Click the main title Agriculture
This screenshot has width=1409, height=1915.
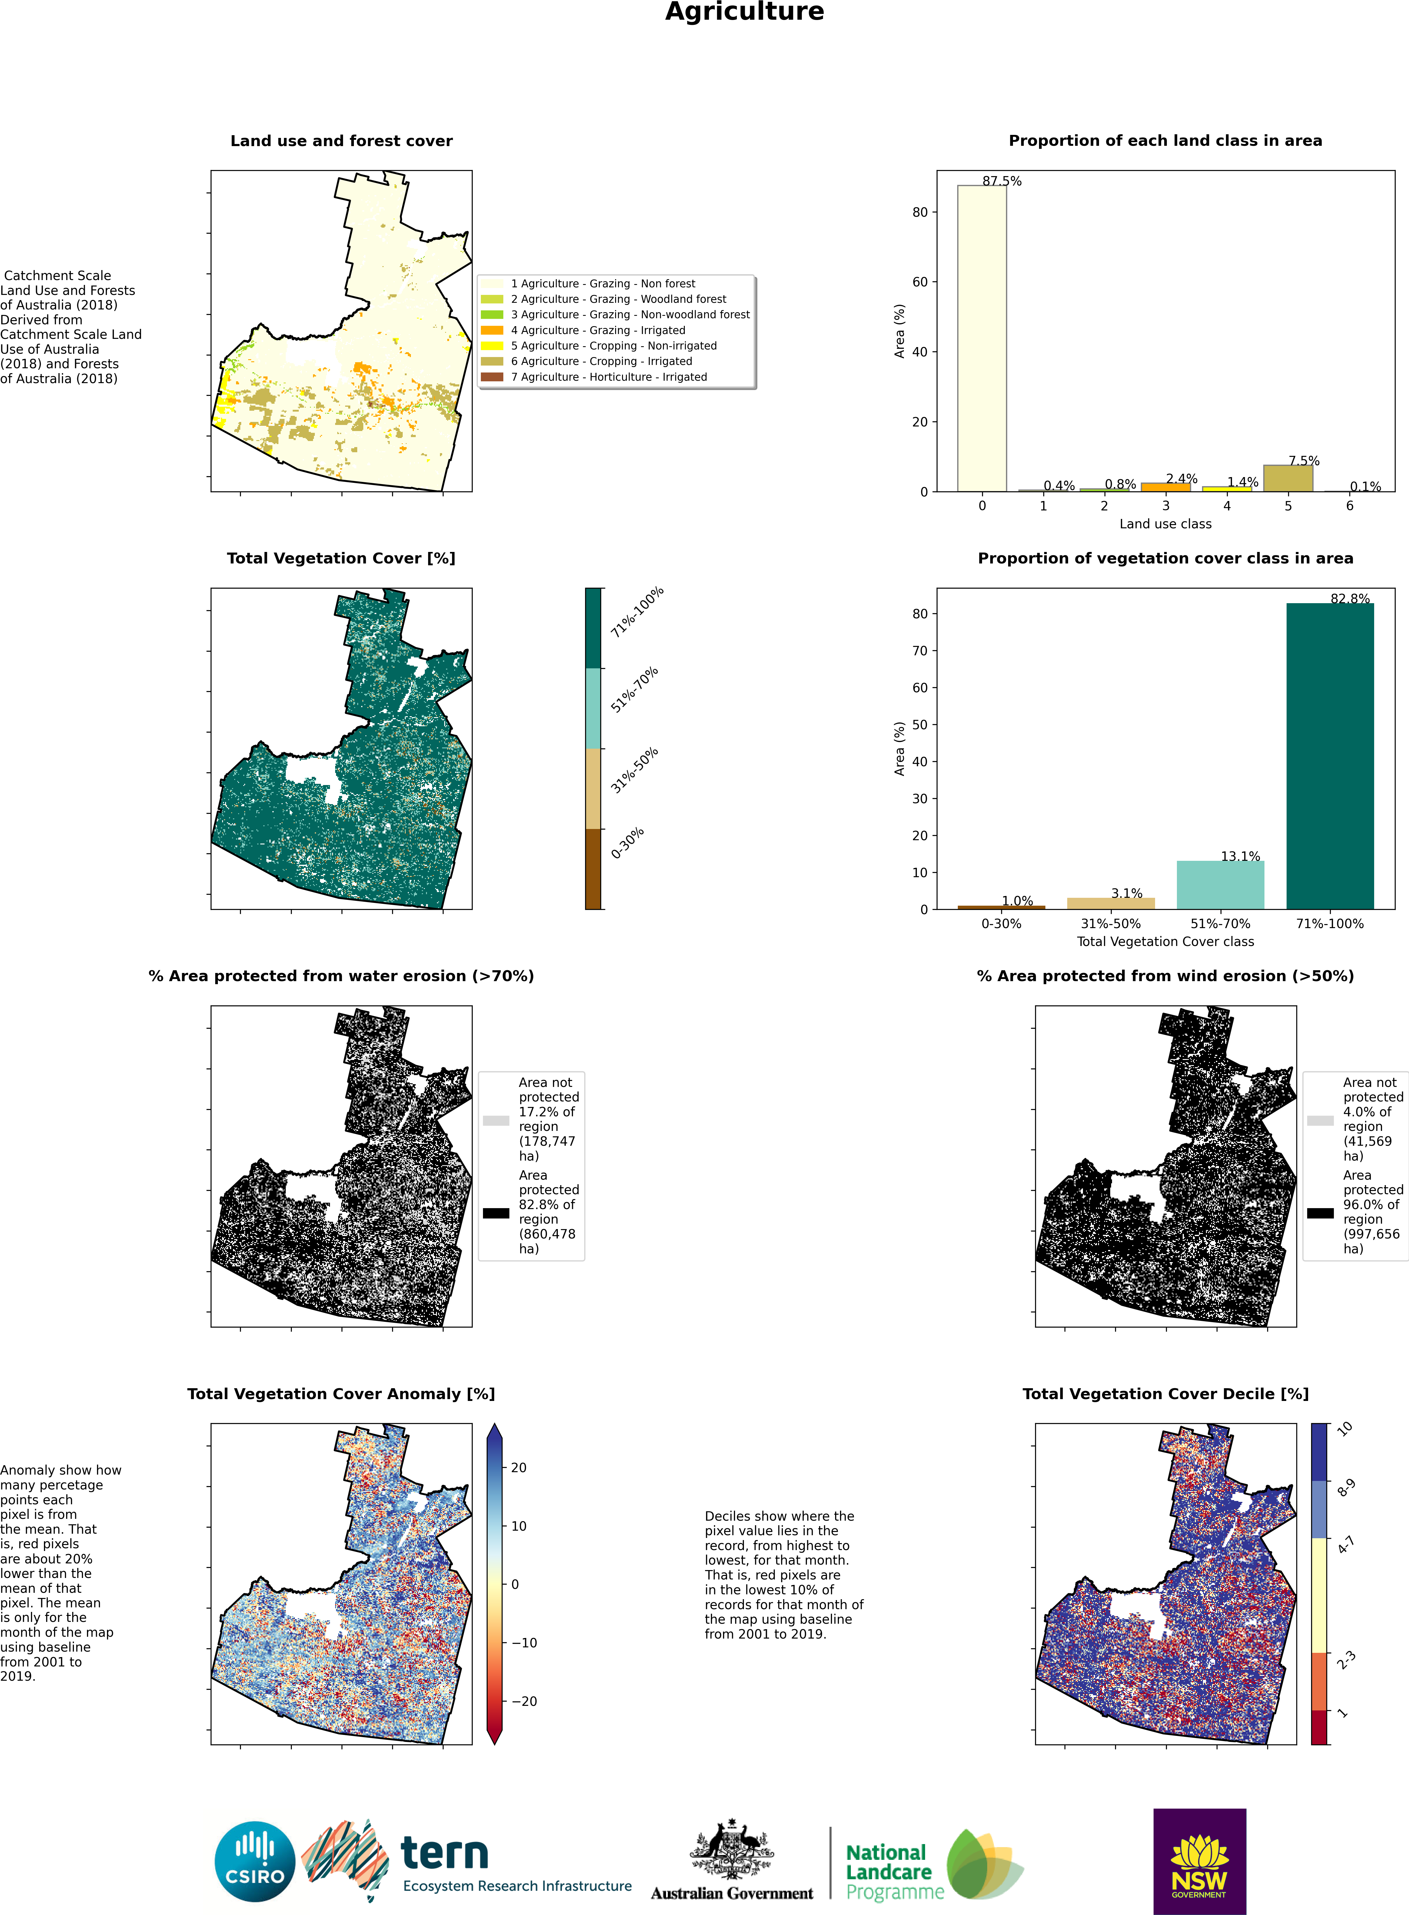(x=744, y=12)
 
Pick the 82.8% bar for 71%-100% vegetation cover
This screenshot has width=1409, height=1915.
(x=1330, y=756)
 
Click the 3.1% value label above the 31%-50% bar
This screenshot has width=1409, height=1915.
(x=1127, y=893)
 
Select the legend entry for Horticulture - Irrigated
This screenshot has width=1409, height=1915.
(x=595, y=377)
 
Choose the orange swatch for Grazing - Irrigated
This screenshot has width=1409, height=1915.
(x=492, y=330)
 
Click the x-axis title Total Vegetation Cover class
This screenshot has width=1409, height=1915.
(x=1165, y=942)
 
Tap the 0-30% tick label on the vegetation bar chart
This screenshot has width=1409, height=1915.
(x=1001, y=924)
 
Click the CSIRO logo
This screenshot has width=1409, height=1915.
(x=255, y=1861)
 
